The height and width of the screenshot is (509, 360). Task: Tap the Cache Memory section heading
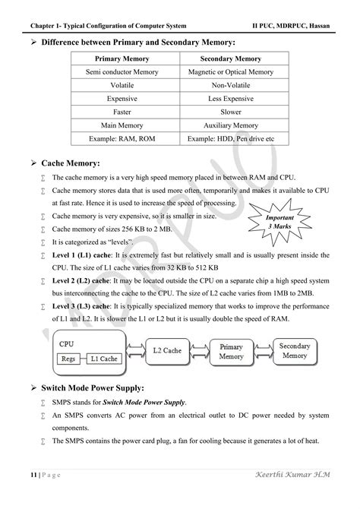[80, 163]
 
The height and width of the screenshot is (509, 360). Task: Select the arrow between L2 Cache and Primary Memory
[198, 351]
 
